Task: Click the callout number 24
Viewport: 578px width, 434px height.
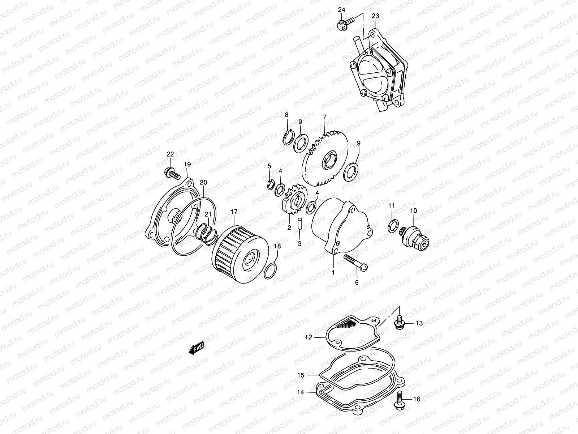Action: tap(342, 10)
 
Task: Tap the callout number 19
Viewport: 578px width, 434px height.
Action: tap(187, 164)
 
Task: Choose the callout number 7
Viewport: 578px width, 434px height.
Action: tap(324, 117)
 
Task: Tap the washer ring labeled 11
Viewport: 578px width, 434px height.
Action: tap(393, 227)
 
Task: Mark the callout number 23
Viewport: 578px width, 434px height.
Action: tap(375, 16)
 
